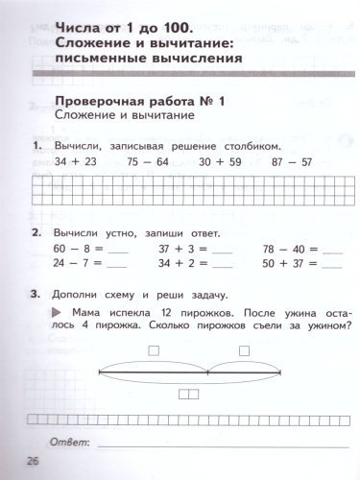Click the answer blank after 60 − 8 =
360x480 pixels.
[117, 251]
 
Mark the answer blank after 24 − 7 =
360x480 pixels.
[117, 264]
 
